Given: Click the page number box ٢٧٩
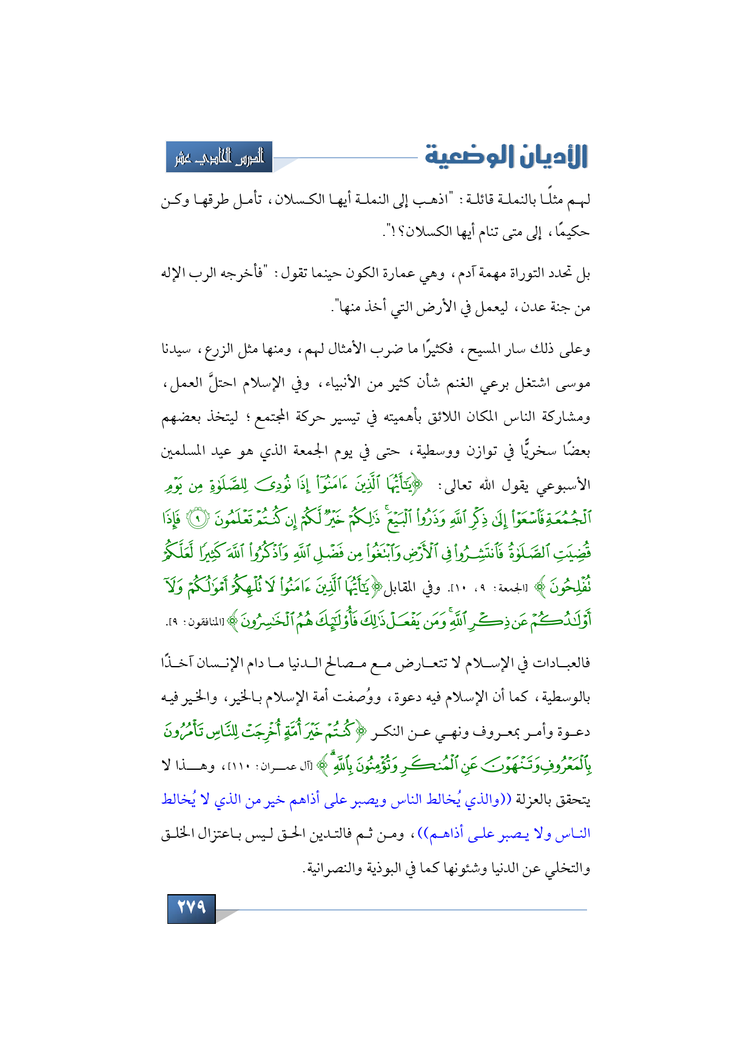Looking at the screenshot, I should pyautogui.click(x=191, y=907).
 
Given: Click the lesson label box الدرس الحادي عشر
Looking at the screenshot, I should pyautogui.click(x=220, y=157).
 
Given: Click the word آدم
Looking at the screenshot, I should pyautogui.click(x=462, y=274).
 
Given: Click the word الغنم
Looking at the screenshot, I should pyautogui.click(x=462, y=384).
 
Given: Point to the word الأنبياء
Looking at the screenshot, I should pyautogui.click(x=338, y=384).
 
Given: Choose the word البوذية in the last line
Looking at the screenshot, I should pyautogui.click(x=375, y=869).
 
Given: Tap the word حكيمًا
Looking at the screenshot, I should pyautogui.click(x=572, y=232).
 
